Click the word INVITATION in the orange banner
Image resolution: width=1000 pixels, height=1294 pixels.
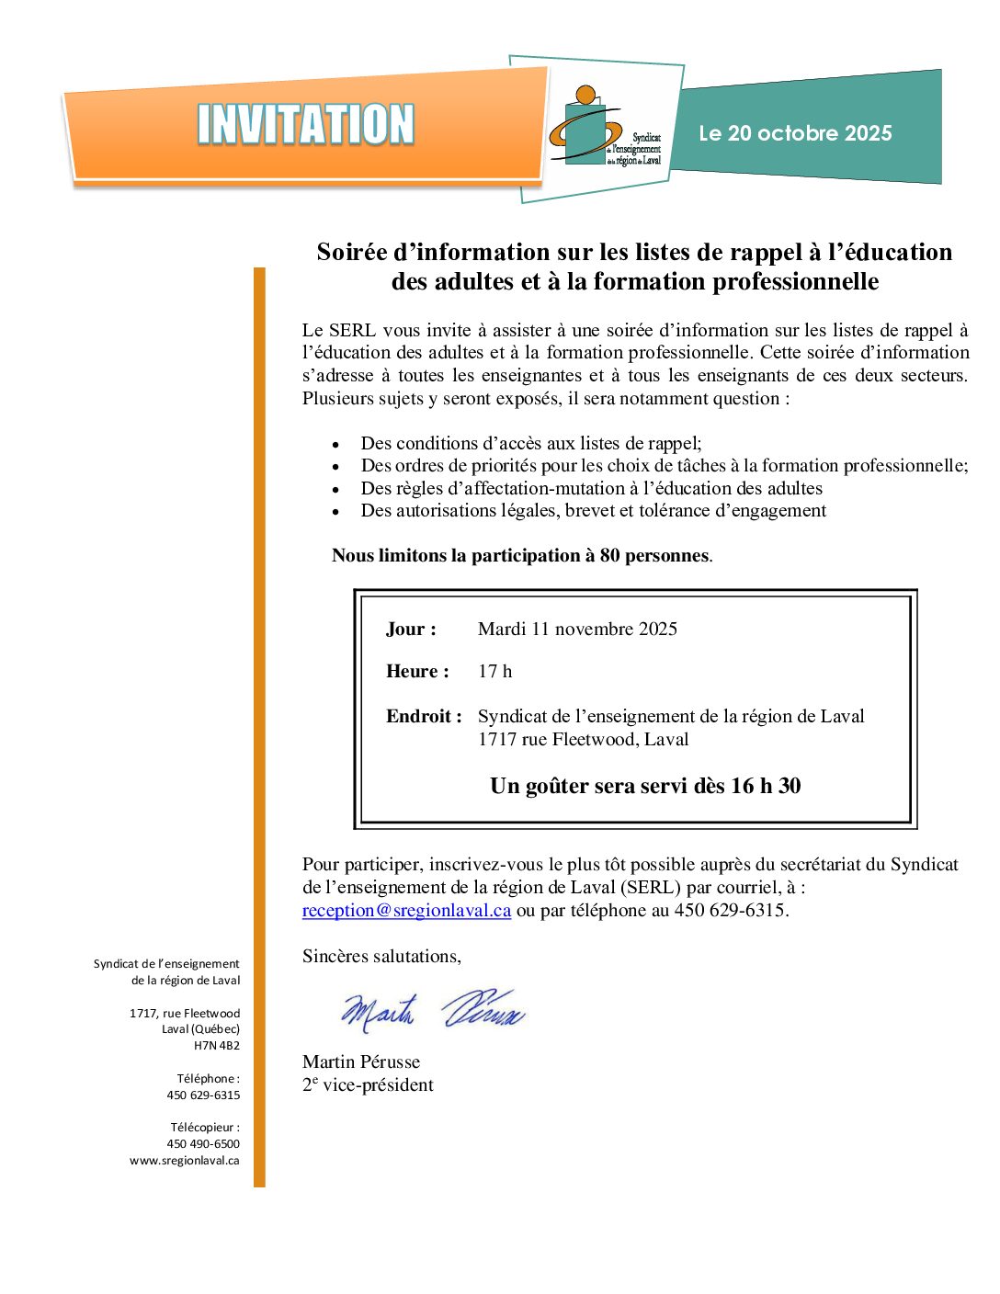coord(305,124)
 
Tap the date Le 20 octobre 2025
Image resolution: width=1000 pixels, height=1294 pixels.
coord(795,133)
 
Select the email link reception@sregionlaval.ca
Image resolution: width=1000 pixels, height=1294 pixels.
coord(406,910)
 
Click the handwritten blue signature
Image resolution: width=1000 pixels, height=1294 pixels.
coord(432,1009)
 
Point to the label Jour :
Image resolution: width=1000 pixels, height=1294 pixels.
coord(411,629)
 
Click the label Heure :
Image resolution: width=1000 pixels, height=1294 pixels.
coord(417,671)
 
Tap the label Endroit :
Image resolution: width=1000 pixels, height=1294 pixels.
coord(424,716)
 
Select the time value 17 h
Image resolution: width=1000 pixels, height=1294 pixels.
coord(494,671)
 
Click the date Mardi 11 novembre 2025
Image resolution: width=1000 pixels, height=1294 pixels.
coord(577,629)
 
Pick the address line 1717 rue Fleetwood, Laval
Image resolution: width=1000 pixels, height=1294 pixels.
coord(583,739)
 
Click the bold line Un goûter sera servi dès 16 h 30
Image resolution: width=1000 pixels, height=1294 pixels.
coord(645,786)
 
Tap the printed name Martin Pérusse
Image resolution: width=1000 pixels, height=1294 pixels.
coord(361,1061)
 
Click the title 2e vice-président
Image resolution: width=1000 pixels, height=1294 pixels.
coord(368,1084)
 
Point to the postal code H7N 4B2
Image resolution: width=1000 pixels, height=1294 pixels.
coord(217,1045)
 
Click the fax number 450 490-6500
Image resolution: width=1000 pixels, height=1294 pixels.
coord(203,1143)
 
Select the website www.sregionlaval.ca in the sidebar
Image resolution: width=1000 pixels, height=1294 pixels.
coord(184,1160)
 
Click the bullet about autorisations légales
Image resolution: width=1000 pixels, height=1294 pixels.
coord(593,510)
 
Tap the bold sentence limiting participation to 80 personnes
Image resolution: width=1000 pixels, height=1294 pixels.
coord(521,555)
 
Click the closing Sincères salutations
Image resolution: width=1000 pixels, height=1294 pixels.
coord(381,956)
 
